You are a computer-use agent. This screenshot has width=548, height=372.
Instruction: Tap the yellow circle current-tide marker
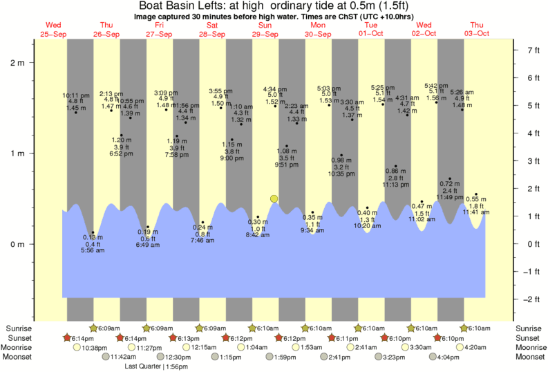coord(274,198)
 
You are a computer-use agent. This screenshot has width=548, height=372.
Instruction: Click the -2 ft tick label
coord(533,299)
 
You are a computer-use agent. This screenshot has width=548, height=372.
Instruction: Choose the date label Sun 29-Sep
coord(265,30)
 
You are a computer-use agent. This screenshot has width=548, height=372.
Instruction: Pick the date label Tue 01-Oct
coord(370,30)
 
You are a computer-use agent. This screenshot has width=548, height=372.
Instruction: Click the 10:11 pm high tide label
coord(76,95)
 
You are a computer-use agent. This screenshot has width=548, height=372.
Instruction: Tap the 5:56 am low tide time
coord(93,250)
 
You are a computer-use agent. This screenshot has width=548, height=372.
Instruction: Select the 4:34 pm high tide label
coord(275,89)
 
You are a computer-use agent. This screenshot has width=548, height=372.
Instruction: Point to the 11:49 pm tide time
coord(449,197)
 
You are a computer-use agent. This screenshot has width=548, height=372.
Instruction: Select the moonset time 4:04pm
coord(443,357)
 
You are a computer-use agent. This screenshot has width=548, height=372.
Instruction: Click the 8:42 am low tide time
coord(258,235)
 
